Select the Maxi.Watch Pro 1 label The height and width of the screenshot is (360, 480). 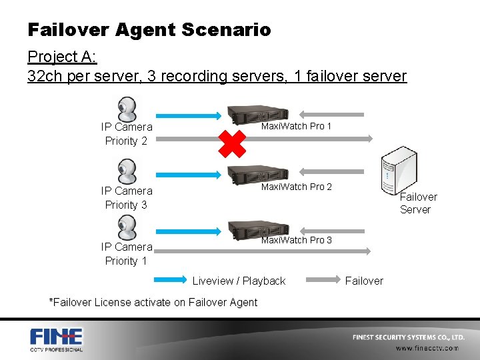296,126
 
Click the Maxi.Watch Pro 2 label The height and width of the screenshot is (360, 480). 296,187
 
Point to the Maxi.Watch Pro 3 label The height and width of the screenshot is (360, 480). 296,240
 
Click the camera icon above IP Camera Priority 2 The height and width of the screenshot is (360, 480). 127,108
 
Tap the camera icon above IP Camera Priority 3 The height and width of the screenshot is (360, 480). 127,171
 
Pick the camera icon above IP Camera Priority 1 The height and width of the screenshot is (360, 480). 127,228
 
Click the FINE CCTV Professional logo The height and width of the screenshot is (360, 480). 56,339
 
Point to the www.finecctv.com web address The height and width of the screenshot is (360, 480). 427,348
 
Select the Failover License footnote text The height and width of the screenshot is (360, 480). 153,302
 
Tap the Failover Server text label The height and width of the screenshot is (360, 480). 417,203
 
